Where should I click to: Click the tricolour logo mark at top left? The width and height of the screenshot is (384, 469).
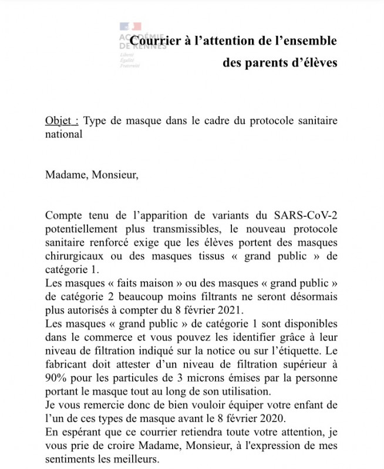[x=130, y=27]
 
